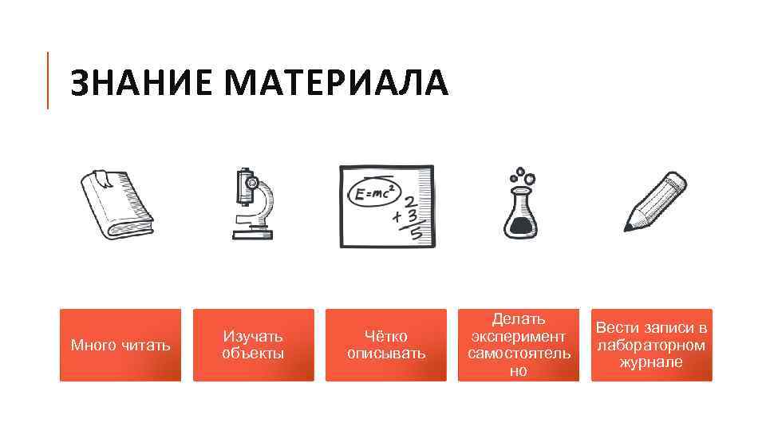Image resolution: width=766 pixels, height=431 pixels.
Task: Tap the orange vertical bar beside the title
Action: [x=48, y=80]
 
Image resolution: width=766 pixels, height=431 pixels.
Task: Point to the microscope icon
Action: [x=252, y=204]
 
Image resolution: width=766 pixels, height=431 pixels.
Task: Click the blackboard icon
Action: [x=387, y=206]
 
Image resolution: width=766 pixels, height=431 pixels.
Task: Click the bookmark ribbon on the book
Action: [x=101, y=177]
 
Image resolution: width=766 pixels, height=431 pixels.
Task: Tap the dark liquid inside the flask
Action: [x=520, y=225]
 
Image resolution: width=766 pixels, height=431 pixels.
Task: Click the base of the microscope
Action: [x=252, y=234]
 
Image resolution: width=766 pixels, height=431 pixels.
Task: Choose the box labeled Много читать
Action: [x=120, y=345]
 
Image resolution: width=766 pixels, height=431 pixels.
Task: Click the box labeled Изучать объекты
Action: [x=254, y=345]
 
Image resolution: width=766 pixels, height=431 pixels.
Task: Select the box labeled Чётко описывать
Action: [x=386, y=345]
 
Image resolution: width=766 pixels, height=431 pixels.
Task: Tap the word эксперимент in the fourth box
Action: [x=519, y=336]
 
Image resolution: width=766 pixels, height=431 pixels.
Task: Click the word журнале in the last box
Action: [x=651, y=362]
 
